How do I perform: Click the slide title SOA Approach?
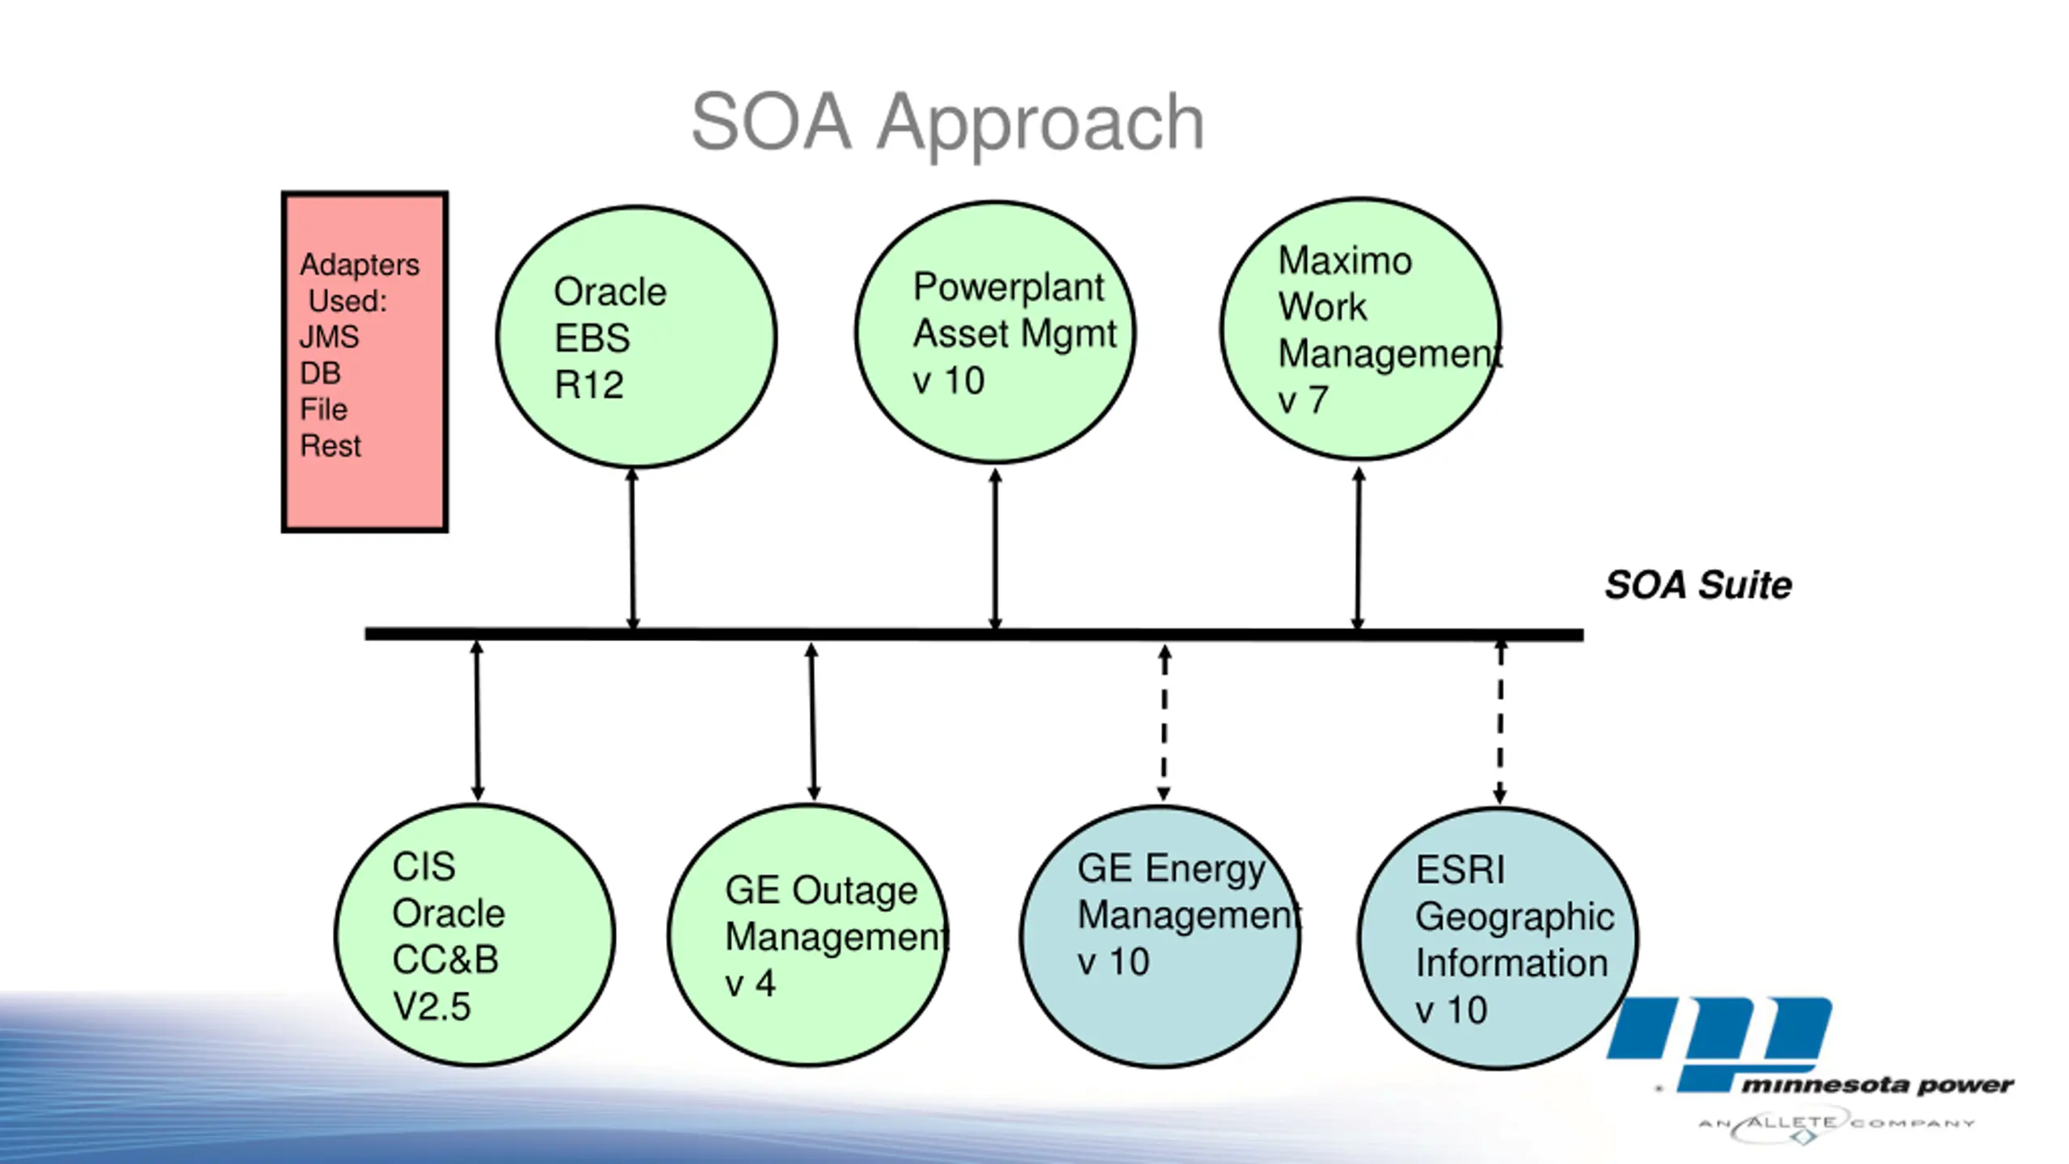click(x=947, y=123)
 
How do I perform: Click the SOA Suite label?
click(x=1698, y=584)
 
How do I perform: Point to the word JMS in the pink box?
click(x=329, y=336)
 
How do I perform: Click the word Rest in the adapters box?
click(x=331, y=445)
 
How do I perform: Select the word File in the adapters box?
click(x=323, y=409)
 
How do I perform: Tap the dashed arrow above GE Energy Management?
click(x=1164, y=723)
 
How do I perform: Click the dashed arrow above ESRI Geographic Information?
click(x=1500, y=721)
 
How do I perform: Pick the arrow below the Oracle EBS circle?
click(x=633, y=549)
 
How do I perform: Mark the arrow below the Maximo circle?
click(x=1359, y=547)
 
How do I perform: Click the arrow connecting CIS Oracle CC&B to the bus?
click(x=477, y=720)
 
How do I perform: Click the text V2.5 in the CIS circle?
click(x=432, y=1006)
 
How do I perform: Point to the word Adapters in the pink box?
click(x=360, y=265)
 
